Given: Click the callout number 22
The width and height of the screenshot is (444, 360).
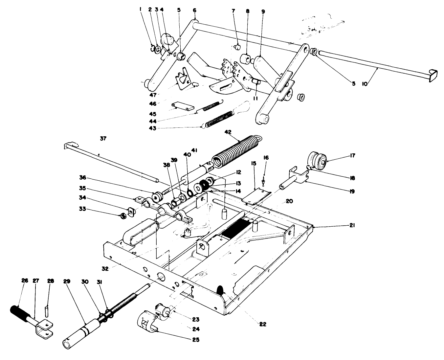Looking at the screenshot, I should [262, 324].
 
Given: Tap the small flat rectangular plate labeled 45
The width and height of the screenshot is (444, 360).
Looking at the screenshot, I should [181, 107].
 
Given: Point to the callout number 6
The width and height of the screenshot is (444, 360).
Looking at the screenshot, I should [194, 11].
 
